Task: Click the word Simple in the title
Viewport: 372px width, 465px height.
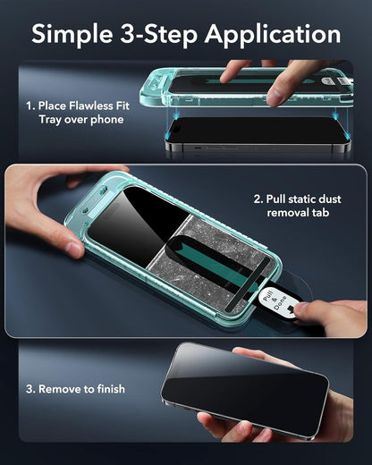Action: pyautogui.click(x=72, y=34)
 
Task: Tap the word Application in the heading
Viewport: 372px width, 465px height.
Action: pyautogui.click(x=273, y=34)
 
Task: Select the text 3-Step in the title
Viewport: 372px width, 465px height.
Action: pyautogui.click(x=158, y=34)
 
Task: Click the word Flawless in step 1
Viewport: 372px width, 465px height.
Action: pyautogui.click(x=87, y=106)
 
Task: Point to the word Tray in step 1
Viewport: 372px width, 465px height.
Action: pyautogui.click(x=50, y=120)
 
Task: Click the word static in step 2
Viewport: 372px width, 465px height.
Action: pyautogui.click(x=301, y=199)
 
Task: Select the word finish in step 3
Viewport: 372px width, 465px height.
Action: pyautogui.click(x=111, y=389)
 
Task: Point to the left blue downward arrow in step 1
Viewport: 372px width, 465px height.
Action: pyautogui.click(x=176, y=114)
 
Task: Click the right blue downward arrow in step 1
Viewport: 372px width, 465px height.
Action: pyautogui.click(x=336, y=114)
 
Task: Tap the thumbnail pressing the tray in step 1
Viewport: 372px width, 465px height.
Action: pyautogui.click(x=275, y=97)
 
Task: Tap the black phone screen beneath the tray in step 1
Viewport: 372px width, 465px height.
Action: pyautogui.click(x=257, y=130)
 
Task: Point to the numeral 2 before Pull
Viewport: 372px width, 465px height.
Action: pyautogui.click(x=258, y=199)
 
